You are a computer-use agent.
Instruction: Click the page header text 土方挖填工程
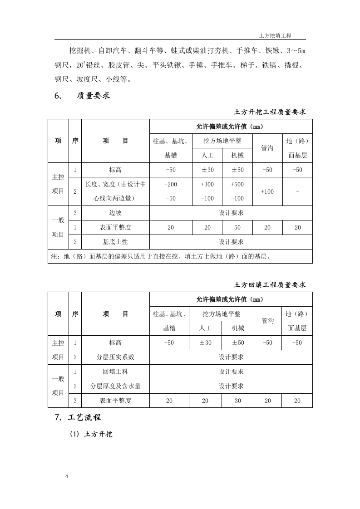(x=275, y=35)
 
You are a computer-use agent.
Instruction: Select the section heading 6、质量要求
(x=82, y=96)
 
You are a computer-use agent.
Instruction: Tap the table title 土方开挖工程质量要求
(x=270, y=112)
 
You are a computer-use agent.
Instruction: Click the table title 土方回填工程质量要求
(x=270, y=285)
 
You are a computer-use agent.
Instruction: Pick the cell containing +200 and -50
(x=170, y=191)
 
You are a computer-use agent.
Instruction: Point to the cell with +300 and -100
(x=207, y=191)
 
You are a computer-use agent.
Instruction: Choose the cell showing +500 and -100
(x=237, y=191)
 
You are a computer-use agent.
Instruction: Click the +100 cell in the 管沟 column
(x=267, y=191)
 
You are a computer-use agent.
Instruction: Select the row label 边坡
(x=115, y=213)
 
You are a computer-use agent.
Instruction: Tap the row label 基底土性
(x=115, y=242)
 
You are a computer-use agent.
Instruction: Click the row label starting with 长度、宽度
(x=115, y=191)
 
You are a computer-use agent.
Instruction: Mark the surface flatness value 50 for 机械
(x=237, y=227)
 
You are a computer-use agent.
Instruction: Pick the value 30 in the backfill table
(x=237, y=401)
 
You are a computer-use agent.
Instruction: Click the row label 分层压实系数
(x=115, y=357)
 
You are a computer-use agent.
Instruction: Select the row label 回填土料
(x=115, y=372)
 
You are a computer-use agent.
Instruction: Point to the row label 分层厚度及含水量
(x=115, y=386)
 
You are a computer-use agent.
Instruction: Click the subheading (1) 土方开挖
(x=91, y=434)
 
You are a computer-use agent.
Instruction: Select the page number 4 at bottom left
(x=67, y=476)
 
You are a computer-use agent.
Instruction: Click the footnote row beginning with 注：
(x=161, y=256)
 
